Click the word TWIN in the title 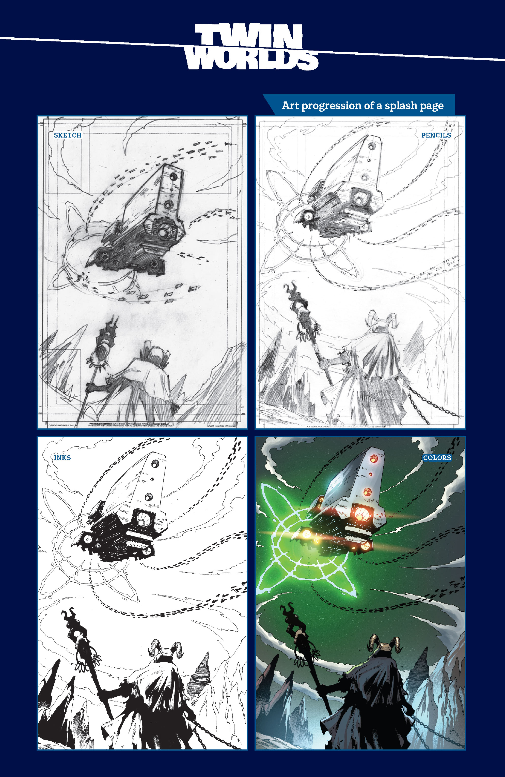pyautogui.click(x=249, y=37)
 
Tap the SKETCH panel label pyautogui.click(x=68, y=135)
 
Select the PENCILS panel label pyautogui.click(x=436, y=135)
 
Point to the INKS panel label pyautogui.click(x=62, y=458)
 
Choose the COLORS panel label pyautogui.click(x=437, y=458)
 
